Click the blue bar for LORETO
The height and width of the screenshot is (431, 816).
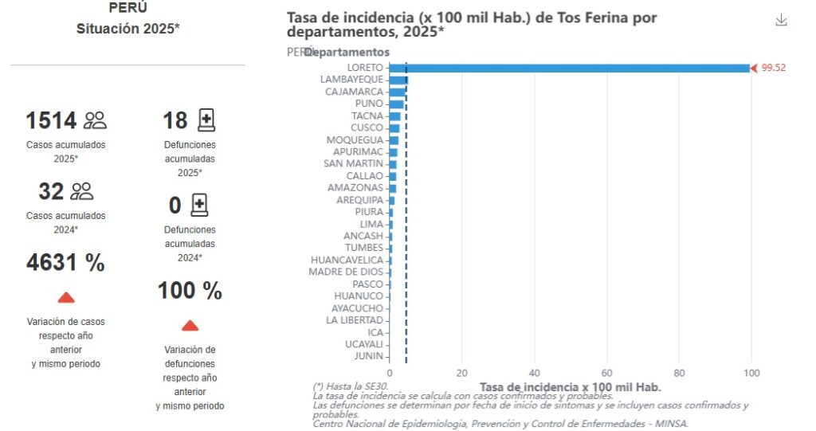click(570, 68)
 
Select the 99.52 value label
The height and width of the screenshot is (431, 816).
click(773, 68)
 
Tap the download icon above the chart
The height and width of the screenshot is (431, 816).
click(781, 21)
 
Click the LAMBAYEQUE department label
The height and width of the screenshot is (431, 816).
click(351, 80)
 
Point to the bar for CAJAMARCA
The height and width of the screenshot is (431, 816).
click(398, 92)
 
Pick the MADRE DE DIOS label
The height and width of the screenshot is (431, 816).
click(346, 272)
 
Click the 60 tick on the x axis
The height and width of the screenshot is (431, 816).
click(606, 372)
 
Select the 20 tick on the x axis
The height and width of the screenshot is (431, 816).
click(462, 372)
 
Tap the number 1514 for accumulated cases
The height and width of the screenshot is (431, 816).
click(51, 121)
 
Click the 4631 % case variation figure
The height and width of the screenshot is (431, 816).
click(65, 263)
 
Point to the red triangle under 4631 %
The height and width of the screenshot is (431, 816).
click(66, 297)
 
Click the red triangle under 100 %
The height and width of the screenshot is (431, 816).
click(190, 325)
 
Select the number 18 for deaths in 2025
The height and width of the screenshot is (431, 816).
click(175, 121)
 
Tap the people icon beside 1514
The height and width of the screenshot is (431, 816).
click(95, 121)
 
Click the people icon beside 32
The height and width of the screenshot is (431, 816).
click(82, 191)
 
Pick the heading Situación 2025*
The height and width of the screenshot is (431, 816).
click(127, 29)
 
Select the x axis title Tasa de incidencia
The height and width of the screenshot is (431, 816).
click(571, 386)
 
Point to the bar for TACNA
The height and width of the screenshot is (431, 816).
click(395, 116)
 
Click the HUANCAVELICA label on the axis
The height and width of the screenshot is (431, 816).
click(347, 260)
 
